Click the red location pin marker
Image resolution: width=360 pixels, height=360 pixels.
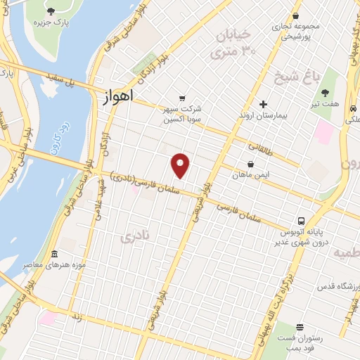[181, 166]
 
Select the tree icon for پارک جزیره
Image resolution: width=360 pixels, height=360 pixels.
[51, 11]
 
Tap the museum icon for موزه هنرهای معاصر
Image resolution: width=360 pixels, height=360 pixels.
[54, 253]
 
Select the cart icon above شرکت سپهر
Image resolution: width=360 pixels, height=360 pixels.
[183, 98]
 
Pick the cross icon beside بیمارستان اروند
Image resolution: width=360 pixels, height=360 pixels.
[264, 104]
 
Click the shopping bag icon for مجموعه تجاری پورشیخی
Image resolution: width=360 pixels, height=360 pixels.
[296, 15]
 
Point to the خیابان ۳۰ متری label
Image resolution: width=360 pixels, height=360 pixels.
[232, 42]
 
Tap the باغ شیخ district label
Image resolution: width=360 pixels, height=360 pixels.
[307, 74]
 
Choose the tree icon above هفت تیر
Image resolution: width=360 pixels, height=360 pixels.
[325, 92]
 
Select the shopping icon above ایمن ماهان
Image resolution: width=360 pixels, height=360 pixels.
[250, 164]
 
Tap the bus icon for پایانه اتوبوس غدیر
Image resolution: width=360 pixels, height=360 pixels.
[301, 221]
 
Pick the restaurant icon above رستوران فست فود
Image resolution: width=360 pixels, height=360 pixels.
[300, 328]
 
